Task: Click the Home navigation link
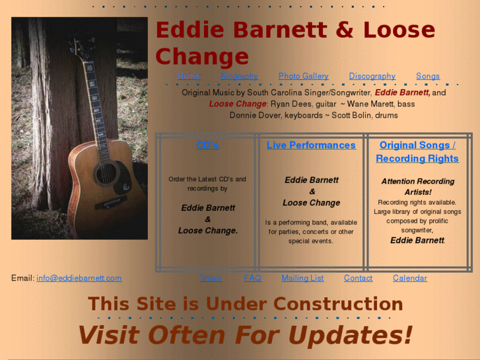tap(188, 76)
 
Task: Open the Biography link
tap(239, 76)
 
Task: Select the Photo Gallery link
tap(303, 76)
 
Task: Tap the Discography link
tap(372, 76)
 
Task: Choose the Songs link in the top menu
tap(427, 76)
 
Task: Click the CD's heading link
tap(207, 145)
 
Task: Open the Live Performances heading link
tap(311, 145)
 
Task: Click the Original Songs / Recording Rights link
tap(417, 152)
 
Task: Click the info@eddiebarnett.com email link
tap(79, 278)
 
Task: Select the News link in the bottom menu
tap(211, 278)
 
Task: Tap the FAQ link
tap(252, 278)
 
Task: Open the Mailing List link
tap(302, 278)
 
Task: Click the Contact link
tap(358, 278)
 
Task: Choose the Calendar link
tap(409, 278)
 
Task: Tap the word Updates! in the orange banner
tap(351, 334)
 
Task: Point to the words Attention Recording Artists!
tap(417, 186)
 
